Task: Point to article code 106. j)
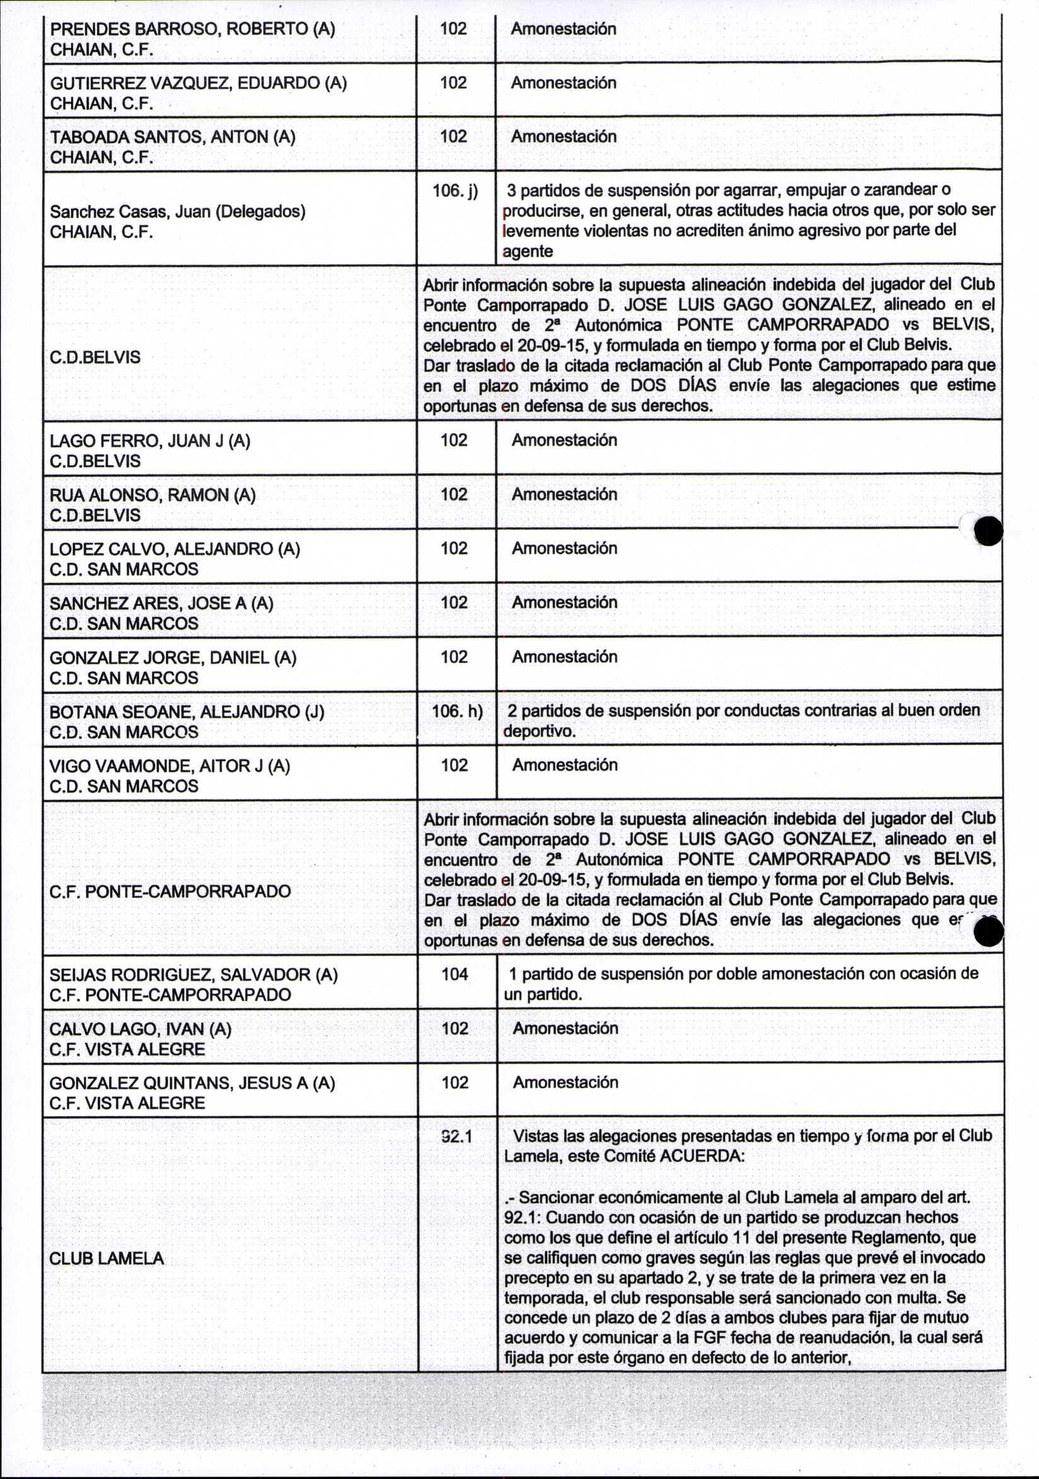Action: pos(455,191)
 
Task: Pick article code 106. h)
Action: pos(456,711)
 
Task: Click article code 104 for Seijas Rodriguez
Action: pos(455,974)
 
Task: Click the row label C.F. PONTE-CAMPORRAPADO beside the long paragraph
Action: pos(170,892)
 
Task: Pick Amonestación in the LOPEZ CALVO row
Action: pos(564,548)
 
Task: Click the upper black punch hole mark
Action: pos(988,531)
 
